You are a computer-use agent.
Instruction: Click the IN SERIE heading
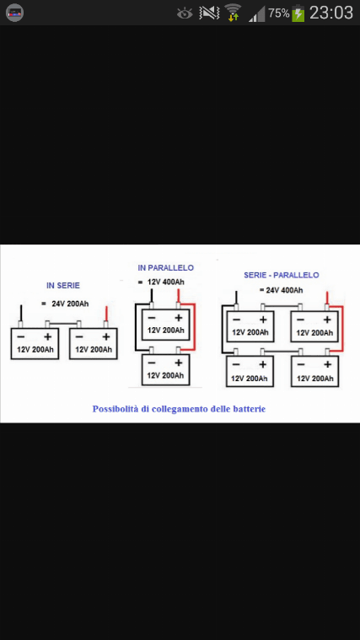(x=63, y=286)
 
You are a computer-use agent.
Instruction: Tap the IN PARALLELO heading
(x=166, y=268)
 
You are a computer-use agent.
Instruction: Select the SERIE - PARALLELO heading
(x=282, y=275)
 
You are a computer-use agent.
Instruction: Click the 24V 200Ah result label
(x=70, y=304)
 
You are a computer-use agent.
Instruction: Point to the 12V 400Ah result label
(x=166, y=282)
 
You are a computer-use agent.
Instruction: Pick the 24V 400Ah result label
(x=284, y=290)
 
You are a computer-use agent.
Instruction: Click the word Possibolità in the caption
(x=116, y=409)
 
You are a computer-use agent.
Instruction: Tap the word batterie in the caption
(x=250, y=409)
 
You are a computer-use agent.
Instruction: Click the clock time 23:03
(x=331, y=13)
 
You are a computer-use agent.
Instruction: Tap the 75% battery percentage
(x=279, y=13)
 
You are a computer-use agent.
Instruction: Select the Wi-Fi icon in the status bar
(x=233, y=13)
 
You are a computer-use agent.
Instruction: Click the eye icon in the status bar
(x=185, y=13)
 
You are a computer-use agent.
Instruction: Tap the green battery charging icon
(x=298, y=13)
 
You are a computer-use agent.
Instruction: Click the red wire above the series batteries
(x=106, y=314)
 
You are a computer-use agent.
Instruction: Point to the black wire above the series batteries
(x=20, y=313)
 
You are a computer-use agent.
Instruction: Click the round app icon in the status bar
(x=14, y=13)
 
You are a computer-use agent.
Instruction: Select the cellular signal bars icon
(x=257, y=14)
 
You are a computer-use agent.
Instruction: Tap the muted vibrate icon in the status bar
(x=209, y=13)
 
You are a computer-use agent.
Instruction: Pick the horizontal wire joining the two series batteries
(x=63, y=324)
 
